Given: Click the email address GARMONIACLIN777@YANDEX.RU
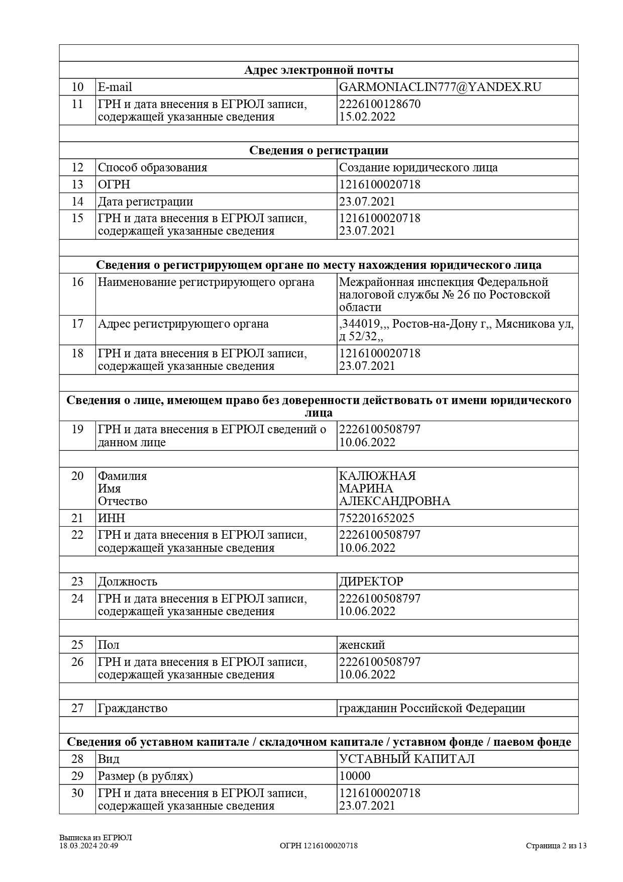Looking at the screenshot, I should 440,87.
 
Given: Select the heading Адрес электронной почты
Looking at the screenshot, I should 319,70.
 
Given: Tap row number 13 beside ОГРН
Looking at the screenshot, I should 77,184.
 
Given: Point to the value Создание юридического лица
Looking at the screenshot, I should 418,167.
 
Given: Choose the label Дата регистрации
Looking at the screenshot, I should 145,202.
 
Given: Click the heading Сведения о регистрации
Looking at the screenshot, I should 319,150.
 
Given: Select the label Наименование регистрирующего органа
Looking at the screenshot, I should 206,282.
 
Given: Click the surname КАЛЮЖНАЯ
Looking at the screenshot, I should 377,476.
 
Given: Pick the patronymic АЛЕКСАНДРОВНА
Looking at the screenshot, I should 394,501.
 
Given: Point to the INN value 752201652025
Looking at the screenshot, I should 377,518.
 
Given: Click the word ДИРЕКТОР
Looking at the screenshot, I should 371,581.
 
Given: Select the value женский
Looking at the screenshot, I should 362,645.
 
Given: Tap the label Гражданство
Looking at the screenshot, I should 133,708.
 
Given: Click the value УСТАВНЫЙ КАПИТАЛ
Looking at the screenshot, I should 407,759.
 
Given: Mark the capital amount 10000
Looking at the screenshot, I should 355,776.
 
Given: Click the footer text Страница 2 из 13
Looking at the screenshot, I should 556,846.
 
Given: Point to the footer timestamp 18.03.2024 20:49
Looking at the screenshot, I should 89,846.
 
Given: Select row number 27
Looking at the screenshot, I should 77,708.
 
